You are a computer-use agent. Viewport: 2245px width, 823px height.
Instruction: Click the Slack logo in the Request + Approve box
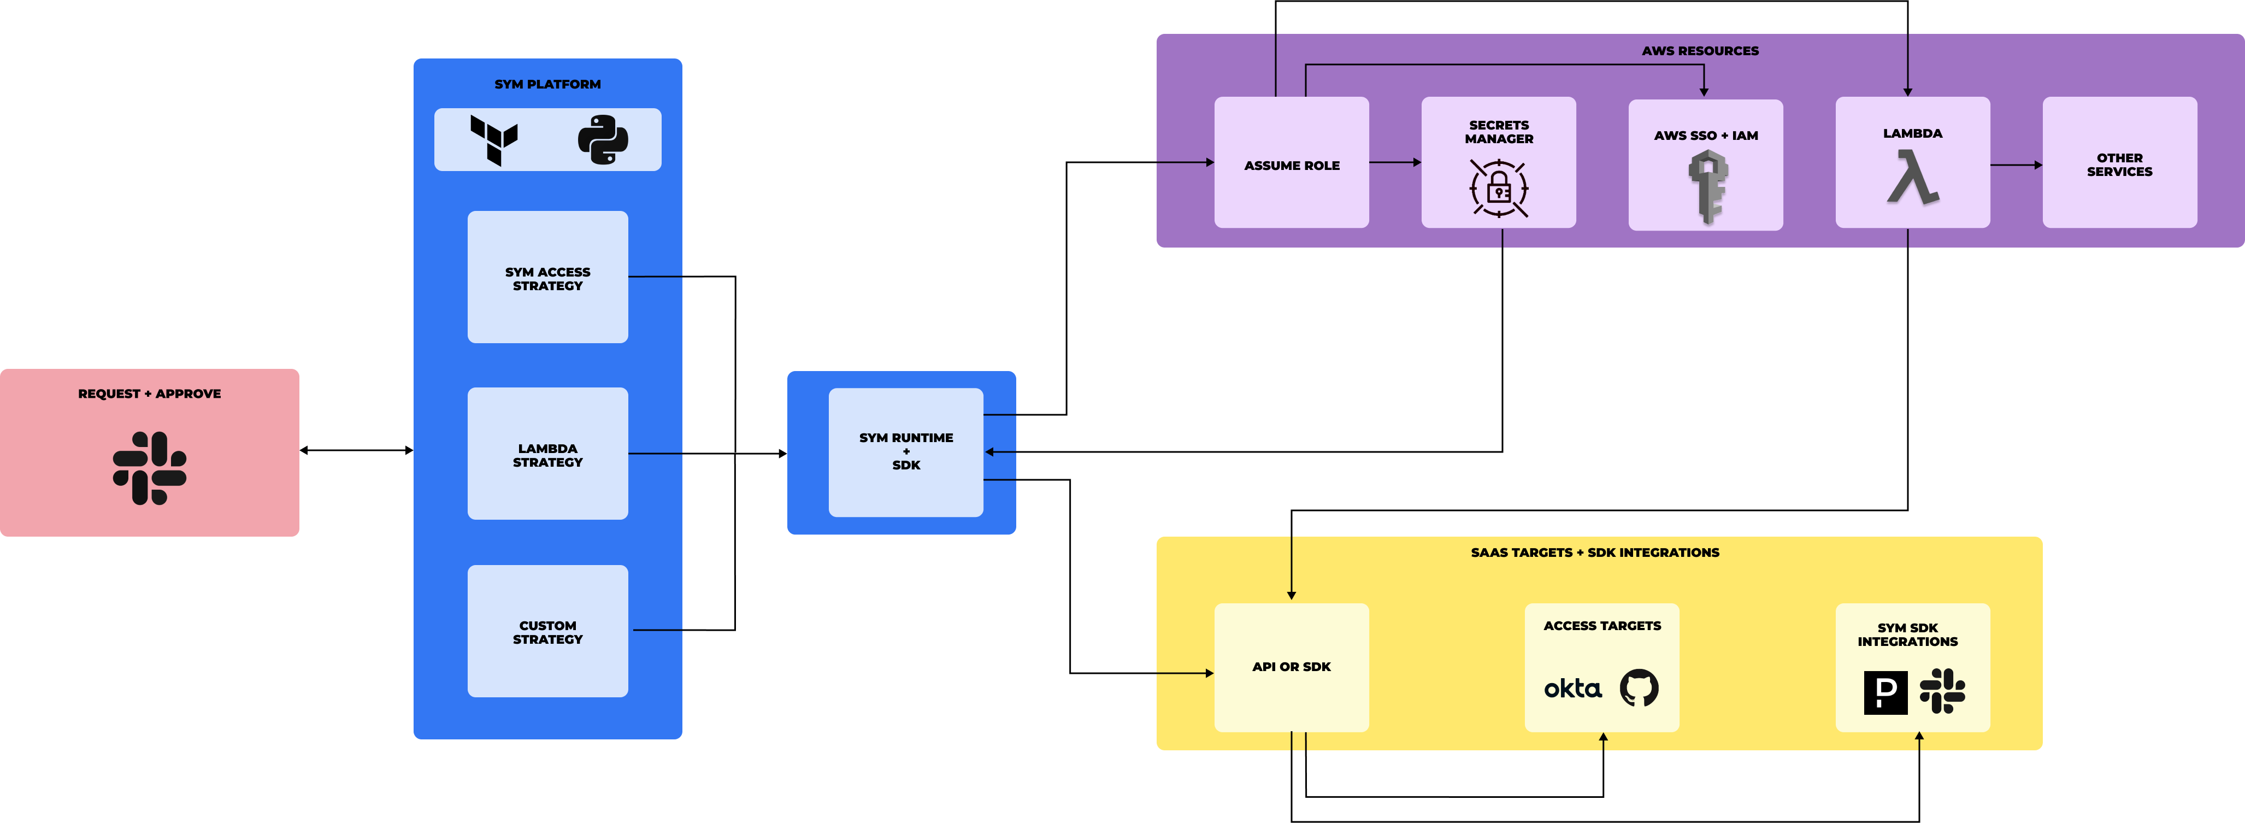coord(150,468)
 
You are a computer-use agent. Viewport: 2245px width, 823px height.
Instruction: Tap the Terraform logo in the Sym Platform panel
coord(494,139)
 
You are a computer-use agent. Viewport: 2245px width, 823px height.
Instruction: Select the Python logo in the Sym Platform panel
coord(602,139)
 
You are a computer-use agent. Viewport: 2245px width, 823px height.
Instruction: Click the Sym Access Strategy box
coord(547,277)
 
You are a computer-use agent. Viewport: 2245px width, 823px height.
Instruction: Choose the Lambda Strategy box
coord(547,454)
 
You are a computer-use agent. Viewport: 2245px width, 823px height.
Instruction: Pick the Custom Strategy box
coord(547,631)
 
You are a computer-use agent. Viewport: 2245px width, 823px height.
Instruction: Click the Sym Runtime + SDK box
coord(905,451)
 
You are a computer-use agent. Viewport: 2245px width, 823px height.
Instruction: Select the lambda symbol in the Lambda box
coord(1912,178)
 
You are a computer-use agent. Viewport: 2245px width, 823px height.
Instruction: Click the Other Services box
coord(2119,164)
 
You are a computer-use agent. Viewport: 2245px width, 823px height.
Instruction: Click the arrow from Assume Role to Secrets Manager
coord(1394,162)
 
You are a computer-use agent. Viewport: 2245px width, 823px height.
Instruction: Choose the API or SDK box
coord(1292,667)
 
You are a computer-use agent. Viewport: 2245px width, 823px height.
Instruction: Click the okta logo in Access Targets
coord(1573,689)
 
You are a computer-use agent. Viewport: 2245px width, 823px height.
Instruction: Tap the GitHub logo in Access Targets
coord(1639,688)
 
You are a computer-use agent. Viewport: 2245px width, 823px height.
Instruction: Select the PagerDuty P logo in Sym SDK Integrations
coord(1885,692)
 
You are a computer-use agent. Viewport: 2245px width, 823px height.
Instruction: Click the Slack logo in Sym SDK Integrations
coord(1942,691)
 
